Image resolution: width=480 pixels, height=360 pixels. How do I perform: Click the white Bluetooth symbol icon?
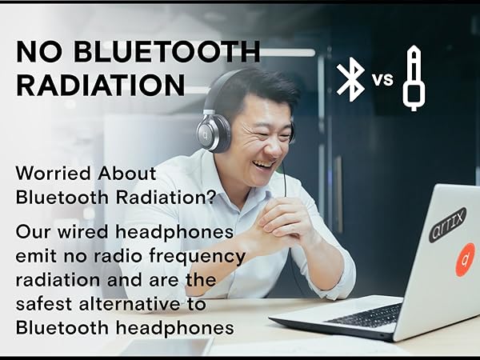(x=350, y=79)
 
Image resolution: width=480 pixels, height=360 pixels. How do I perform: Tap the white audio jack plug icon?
(x=414, y=78)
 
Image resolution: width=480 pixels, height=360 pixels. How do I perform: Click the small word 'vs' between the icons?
(x=383, y=80)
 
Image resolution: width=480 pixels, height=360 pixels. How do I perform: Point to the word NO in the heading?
(x=38, y=53)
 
